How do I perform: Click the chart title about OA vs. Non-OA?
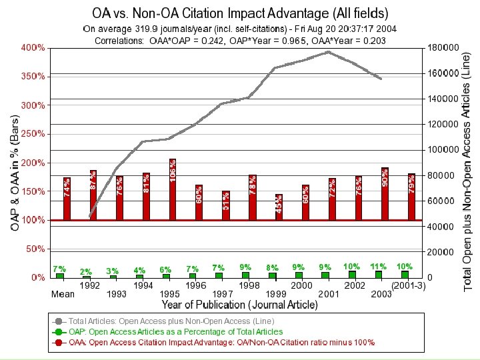240,13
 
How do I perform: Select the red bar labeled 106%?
173,189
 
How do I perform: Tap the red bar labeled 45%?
279,207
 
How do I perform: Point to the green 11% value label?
379,266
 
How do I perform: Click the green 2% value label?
86,271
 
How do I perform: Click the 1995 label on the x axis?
170,294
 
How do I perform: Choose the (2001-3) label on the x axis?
408,285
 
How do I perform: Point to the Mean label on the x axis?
63,294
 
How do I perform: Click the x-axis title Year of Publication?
239,305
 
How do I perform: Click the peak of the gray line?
328,52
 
